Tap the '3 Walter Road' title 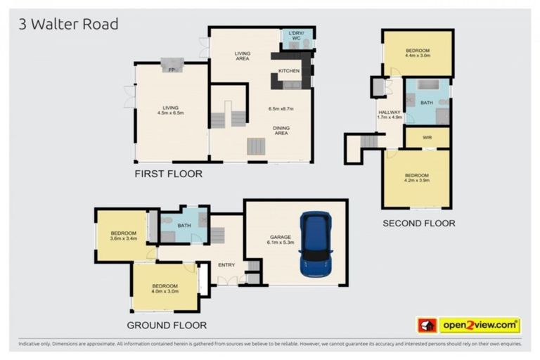(67, 24)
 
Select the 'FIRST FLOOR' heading (169, 174)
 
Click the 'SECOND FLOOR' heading (418, 223)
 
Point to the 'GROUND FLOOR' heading (167, 325)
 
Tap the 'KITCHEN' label (289, 71)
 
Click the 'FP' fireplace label (171, 70)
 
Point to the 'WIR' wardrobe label (427, 138)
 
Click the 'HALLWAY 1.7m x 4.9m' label (389, 115)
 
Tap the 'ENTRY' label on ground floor (226, 264)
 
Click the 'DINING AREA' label (281, 130)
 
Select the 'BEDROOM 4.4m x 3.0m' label (417, 53)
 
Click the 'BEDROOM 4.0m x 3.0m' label (165, 288)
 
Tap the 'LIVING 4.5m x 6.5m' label (171, 110)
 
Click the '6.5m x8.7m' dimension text (281, 109)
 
